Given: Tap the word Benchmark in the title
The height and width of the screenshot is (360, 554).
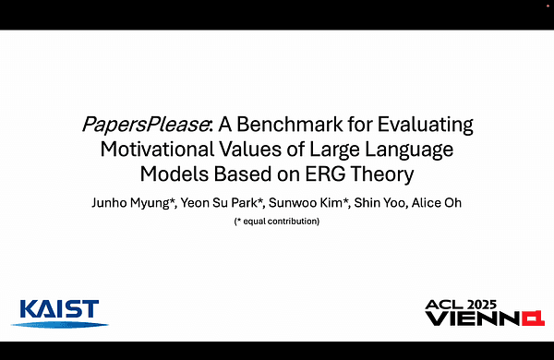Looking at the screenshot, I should coord(302,125).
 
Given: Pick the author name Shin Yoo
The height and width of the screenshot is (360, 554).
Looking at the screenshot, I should coord(378,202).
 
